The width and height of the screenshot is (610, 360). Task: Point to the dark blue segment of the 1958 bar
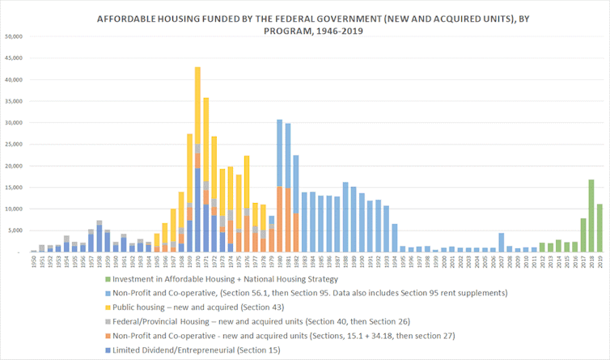pyautogui.click(x=100, y=239)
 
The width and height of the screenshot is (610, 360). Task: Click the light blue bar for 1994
pyautogui.click(x=395, y=238)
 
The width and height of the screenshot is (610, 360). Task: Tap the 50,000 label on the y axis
pyautogui.click(x=15, y=36)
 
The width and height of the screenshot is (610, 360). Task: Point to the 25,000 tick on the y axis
pyautogui.click(x=15, y=144)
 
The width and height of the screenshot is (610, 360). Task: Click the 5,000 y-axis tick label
pyautogui.click(x=17, y=231)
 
